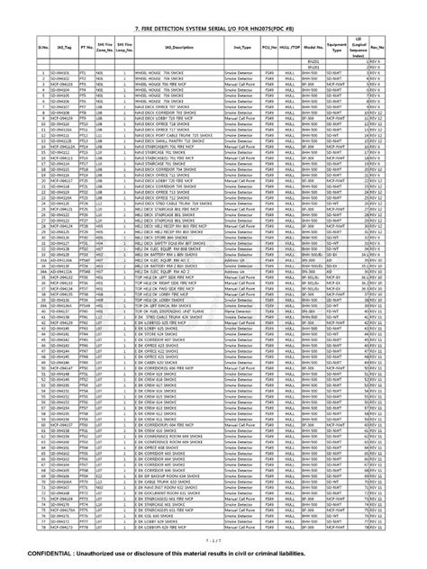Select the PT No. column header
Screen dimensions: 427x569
(86, 44)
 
